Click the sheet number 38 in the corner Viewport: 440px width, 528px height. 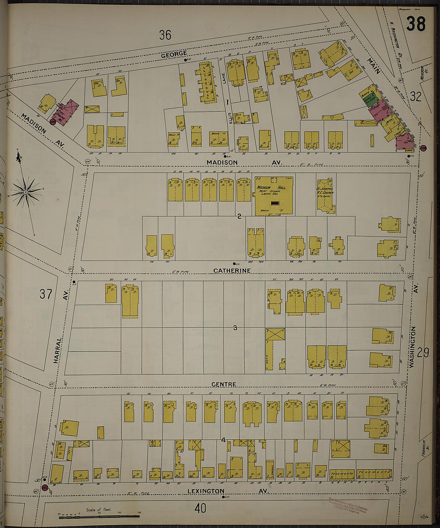tap(416, 24)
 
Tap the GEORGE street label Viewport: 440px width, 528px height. tap(174, 54)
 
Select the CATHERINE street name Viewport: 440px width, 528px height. tap(232, 271)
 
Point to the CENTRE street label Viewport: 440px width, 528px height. tap(224, 384)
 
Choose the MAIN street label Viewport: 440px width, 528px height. tap(374, 66)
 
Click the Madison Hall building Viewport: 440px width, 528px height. tap(274, 195)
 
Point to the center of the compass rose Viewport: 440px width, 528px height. tap(26, 192)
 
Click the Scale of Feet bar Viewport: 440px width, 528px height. tap(99, 517)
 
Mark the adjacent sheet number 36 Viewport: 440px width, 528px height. tap(165, 35)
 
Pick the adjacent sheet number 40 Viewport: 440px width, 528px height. tap(200, 508)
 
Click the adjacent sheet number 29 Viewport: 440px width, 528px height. tap(423, 353)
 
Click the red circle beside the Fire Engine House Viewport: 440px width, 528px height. tap(52, 122)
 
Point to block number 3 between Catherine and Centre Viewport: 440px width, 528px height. tap(235, 328)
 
